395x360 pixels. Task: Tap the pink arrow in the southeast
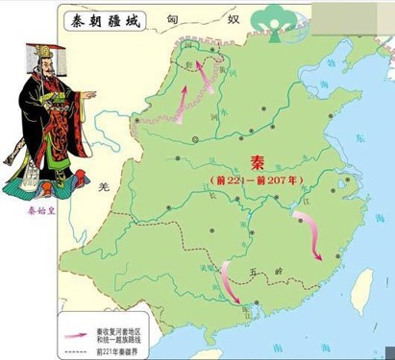310,236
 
